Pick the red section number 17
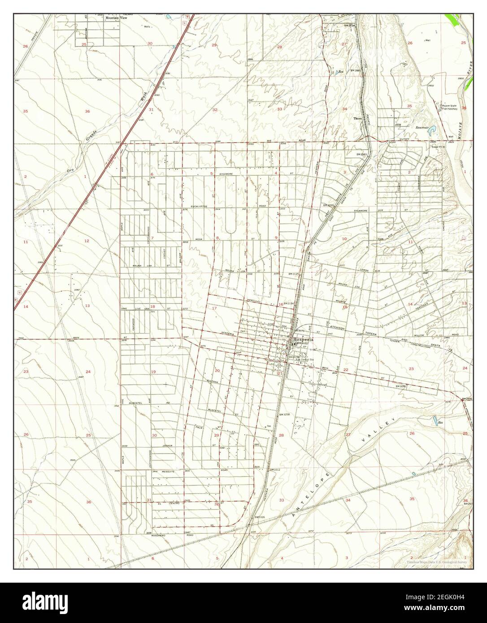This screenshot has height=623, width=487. tap(214, 308)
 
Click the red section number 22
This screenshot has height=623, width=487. tap(346, 370)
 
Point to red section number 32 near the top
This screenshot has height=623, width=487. tap(215, 109)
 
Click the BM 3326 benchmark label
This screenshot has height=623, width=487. tap(260, 517)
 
